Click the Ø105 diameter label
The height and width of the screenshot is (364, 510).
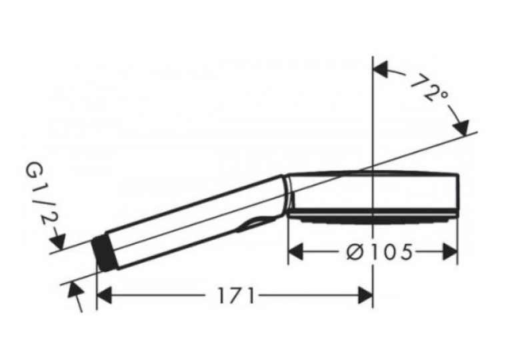379,252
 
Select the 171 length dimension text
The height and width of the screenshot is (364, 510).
235,296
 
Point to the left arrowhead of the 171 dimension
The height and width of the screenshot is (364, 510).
105,296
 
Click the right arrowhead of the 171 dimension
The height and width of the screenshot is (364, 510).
365,296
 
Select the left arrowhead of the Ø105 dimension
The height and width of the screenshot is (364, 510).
295,252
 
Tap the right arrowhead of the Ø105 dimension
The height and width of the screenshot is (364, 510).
450,252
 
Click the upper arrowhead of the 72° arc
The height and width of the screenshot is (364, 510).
381,69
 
